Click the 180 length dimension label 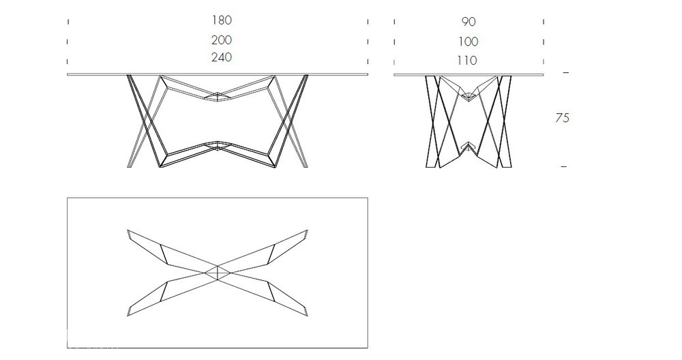[x=222, y=20]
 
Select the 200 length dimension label [x=222, y=40]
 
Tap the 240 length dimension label [x=222, y=57]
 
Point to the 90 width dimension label [x=469, y=22]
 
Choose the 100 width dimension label [x=468, y=42]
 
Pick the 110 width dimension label [x=467, y=61]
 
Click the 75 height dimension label [x=563, y=118]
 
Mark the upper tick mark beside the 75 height [x=565, y=72]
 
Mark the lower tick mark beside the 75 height [x=564, y=166]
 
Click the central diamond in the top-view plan [x=218, y=273]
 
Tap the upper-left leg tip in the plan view [x=128, y=230]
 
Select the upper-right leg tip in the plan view [x=307, y=230]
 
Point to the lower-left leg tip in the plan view [x=128, y=315]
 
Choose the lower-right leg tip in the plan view [x=307, y=315]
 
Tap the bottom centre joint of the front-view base [x=218, y=145]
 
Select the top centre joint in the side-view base [x=468, y=97]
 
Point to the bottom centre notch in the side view [x=468, y=146]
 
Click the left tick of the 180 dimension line [x=68, y=21]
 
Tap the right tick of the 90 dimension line [x=544, y=22]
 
